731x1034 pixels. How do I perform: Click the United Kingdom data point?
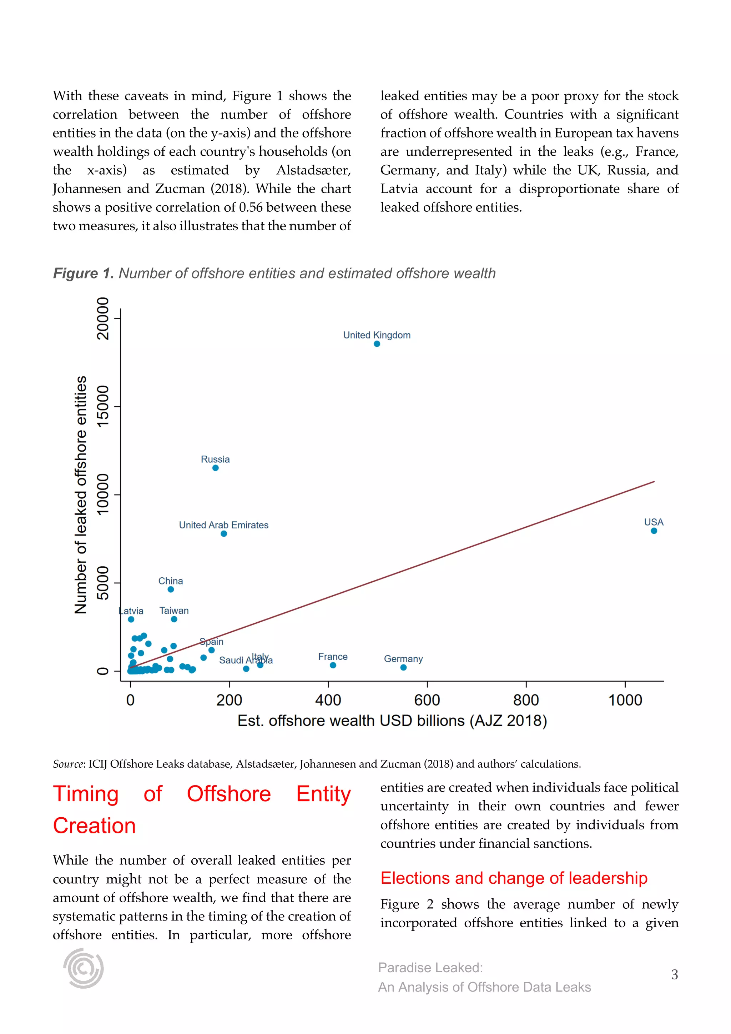tap(377, 344)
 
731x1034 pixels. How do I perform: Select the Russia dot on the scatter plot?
tap(216, 468)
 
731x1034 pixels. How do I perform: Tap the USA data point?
tap(654, 531)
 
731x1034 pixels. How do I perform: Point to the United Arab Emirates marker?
tap(224, 534)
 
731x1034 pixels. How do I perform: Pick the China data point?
tap(171, 589)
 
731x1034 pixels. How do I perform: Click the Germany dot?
tap(403, 667)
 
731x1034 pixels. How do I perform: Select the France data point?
tap(333, 665)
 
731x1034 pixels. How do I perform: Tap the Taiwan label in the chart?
tap(174, 611)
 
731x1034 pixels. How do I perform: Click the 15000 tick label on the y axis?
tap(103, 406)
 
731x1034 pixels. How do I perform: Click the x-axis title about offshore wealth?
tap(392, 721)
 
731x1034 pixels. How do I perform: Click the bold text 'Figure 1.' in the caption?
tap(83, 273)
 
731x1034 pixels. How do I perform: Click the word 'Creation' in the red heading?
tap(94, 826)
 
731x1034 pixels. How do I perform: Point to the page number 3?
tap(674, 975)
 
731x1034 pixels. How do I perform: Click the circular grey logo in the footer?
tap(84, 968)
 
